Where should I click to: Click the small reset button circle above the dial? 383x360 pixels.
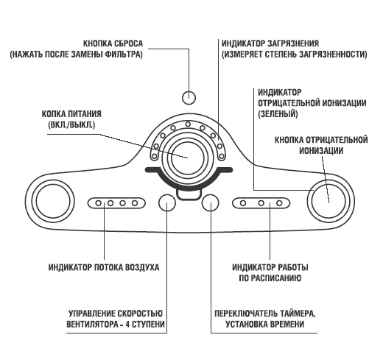pyautogui.click(x=189, y=98)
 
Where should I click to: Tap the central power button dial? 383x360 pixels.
pyautogui.click(x=188, y=158)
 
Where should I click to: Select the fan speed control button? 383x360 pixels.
pyautogui.click(x=167, y=202)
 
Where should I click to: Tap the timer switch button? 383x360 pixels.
pyautogui.click(x=210, y=202)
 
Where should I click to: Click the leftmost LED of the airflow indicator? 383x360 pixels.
pyautogui.click(x=99, y=203)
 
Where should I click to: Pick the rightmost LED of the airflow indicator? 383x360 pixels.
pyautogui.click(x=135, y=203)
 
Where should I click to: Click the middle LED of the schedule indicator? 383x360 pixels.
pyautogui.click(x=261, y=203)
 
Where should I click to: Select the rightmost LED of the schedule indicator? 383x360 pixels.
pyautogui.click(x=279, y=203)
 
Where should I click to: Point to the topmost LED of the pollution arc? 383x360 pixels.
pyautogui.click(x=188, y=124)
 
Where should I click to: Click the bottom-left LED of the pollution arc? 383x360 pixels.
pyautogui.click(x=154, y=156)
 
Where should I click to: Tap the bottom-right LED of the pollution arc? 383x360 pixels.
pyautogui.click(x=222, y=156)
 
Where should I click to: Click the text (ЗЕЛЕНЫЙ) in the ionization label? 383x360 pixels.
pyautogui.click(x=278, y=114)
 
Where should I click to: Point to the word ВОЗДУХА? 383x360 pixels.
pyautogui.click(x=142, y=267)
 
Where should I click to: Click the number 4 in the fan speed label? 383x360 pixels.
pyautogui.click(x=127, y=325)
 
